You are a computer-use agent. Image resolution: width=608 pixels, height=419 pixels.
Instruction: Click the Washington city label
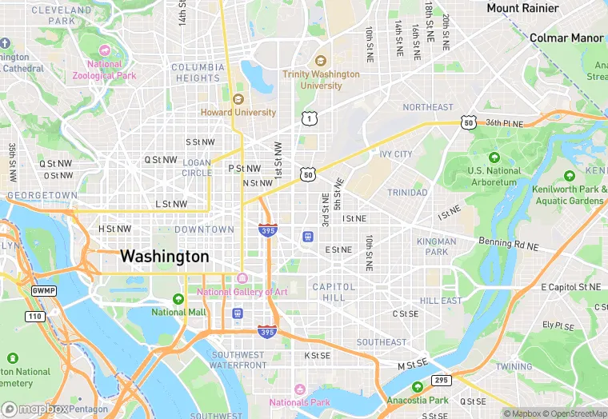point(164,257)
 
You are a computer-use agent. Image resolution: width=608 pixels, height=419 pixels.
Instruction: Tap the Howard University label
point(238,113)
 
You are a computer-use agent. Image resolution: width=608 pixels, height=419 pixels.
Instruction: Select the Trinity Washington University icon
point(321,61)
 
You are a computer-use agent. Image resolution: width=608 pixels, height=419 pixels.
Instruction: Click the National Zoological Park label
point(104,70)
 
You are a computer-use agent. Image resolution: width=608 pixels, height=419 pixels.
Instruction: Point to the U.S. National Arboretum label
point(494,176)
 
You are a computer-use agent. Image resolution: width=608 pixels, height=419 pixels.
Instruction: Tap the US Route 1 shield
point(308,118)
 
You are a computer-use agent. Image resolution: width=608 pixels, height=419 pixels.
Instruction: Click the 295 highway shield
point(440,380)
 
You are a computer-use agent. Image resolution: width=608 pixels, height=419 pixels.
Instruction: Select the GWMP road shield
point(43,290)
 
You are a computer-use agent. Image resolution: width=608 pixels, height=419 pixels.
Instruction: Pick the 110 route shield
point(35,317)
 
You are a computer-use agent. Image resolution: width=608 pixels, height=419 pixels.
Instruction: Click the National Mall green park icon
point(178,298)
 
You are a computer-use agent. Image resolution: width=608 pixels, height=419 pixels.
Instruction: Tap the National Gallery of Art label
point(242,292)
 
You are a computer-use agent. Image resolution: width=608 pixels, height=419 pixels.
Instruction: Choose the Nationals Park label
point(300,402)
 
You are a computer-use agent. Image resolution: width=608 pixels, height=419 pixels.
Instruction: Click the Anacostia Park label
point(418,400)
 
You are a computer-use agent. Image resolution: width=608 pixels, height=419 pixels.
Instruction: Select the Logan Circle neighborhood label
point(197,167)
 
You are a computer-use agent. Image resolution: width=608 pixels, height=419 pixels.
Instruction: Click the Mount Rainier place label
point(524,8)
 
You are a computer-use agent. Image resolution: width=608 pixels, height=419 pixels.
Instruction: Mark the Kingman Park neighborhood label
point(437,246)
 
